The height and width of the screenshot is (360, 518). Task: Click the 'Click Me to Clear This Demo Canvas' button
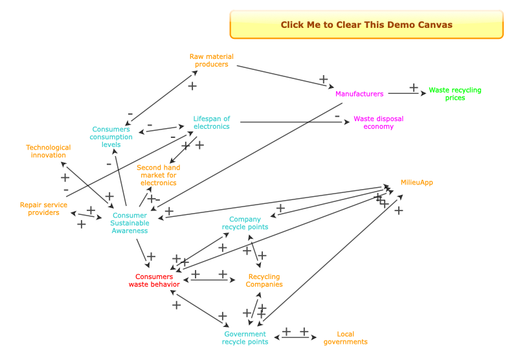[x=366, y=25]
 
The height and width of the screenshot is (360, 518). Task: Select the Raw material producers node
[x=211, y=60]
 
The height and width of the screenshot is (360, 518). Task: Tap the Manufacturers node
[x=359, y=94]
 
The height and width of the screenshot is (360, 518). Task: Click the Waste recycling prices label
[x=455, y=94]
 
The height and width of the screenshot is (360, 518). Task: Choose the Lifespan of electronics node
[x=211, y=122]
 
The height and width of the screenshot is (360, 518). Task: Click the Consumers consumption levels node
[x=111, y=137]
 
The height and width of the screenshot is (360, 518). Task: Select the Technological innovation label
[x=49, y=151]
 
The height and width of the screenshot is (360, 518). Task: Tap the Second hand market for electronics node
[x=159, y=175]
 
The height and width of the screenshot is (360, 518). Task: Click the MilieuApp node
[x=416, y=183]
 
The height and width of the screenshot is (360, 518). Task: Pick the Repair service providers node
[x=43, y=208]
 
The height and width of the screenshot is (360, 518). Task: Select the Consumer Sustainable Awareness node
[x=129, y=223]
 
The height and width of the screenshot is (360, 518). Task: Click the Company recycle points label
[x=245, y=223]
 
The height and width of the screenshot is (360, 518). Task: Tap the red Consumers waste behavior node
[x=154, y=280]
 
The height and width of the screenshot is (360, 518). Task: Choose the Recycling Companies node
[x=265, y=280]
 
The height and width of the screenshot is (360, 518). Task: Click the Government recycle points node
[x=245, y=338]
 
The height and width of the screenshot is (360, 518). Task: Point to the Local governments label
[x=345, y=338]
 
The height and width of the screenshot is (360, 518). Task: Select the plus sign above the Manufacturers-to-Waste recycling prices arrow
[x=414, y=87]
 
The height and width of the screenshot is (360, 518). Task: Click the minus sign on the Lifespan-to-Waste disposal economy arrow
[x=337, y=116]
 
